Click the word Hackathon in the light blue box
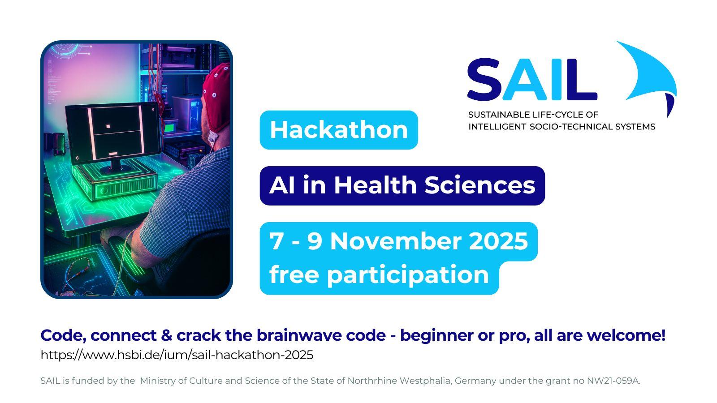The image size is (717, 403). coord(339,130)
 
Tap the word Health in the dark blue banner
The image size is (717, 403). coord(375,185)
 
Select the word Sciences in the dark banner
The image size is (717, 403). coord(480,185)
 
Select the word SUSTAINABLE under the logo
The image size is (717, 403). coord(499,115)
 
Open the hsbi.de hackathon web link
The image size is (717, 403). coord(177,355)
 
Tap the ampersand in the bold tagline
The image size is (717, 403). coord(167,335)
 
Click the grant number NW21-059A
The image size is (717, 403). coord(613,381)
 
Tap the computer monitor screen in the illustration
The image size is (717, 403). coord(113,132)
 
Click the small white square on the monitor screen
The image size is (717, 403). coord(108,126)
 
